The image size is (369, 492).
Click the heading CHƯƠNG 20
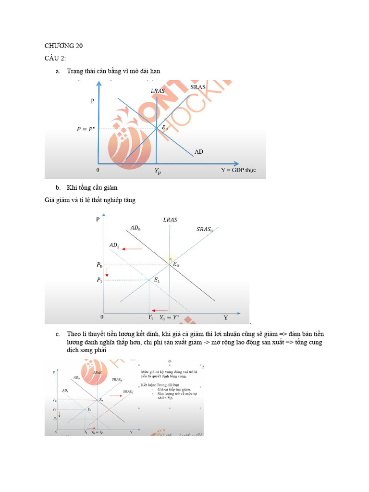click(x=63, y=46)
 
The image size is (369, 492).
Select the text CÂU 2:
click(x=55, y=58)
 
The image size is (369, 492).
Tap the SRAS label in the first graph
click(x=197, y=87)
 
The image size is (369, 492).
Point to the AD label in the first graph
click(x=199, y=151)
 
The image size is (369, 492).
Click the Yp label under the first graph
click(x=158, y=170)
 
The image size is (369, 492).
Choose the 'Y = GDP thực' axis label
click(x=238, y=170)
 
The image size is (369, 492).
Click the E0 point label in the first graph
click(x=165, y=128)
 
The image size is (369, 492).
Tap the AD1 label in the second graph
click(x=115, y=245)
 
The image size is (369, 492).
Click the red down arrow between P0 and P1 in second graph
click(x=107, y=272)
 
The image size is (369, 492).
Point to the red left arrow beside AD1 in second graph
click(x=132, y=249)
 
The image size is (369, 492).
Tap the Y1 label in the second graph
click(x=150, y=318)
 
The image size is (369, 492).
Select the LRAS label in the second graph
click(x=170, y=220)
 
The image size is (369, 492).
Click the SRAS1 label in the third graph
click(x=127, y=392)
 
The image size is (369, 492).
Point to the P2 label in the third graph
click(x=55, y=419)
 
